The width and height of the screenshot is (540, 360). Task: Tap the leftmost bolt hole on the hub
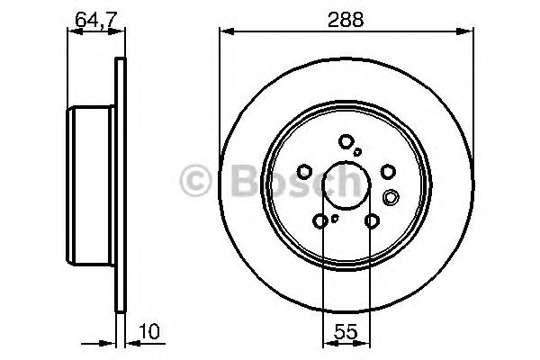click(x=305, y=171)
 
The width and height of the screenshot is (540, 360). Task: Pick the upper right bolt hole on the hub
click(x=388, y=171)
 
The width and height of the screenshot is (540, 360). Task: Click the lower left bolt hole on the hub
click(x=321, y=220)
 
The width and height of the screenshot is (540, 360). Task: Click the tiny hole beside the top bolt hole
click(x=358, y=151)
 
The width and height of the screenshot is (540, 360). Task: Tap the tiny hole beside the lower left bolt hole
click(x=335, y=216)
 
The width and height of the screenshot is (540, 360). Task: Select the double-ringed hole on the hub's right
click(x=391, y=197)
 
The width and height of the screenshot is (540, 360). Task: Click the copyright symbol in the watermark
click(x=197, y=181)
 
